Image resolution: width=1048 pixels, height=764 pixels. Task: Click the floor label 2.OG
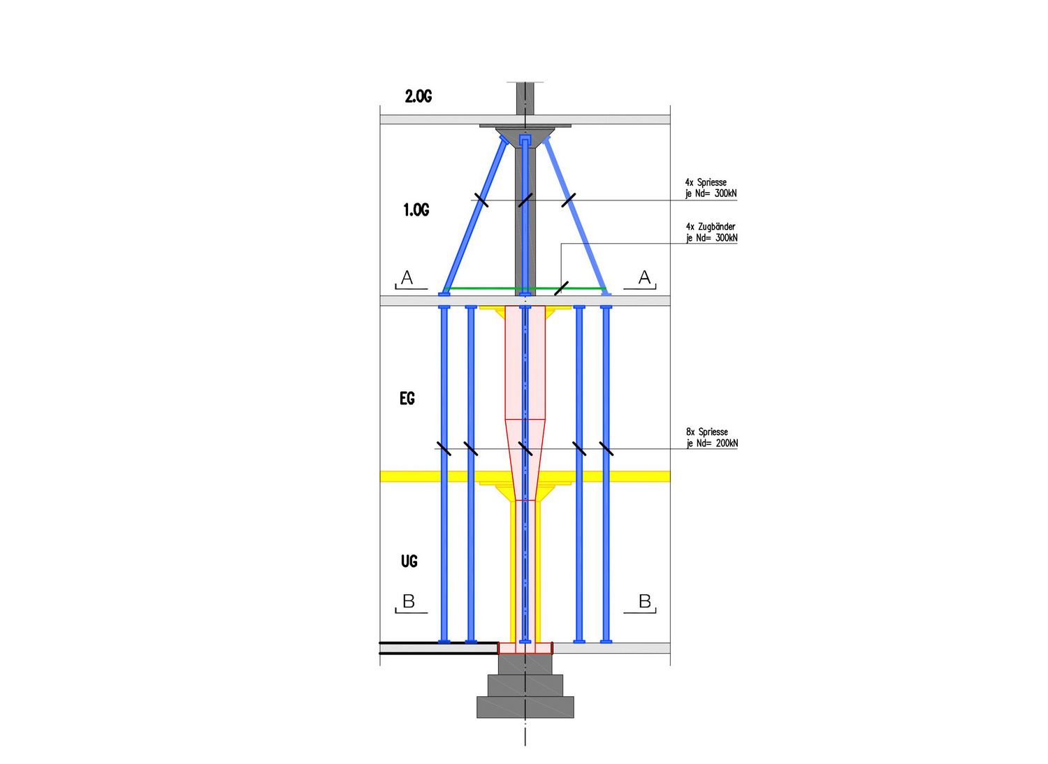(419, 96)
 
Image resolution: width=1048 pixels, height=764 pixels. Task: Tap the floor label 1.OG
(416, 210)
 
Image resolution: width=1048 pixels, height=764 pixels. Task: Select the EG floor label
(407, 398)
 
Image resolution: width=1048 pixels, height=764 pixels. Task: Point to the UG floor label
(409, 561)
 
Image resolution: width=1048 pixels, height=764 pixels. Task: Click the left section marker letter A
(407, 277)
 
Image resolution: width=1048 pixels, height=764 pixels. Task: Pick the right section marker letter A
(644, 277)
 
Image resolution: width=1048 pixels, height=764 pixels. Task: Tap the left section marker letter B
(409, 601)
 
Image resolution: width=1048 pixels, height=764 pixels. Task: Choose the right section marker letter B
(645, 601)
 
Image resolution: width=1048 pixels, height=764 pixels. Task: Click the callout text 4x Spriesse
(706, 182)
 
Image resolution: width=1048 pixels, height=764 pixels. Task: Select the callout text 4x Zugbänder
(711, 227)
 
